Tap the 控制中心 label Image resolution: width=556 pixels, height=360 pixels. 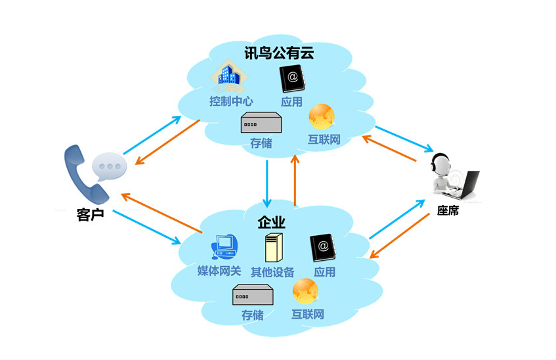[231, 102]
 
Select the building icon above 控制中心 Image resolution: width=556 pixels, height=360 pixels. [231, 78]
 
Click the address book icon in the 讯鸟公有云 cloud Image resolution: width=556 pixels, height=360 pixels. [291, 79]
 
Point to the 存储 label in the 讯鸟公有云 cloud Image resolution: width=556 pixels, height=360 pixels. [261, 142]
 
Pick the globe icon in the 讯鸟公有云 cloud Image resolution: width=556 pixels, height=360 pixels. [323, 117]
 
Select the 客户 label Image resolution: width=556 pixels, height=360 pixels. [91, 214]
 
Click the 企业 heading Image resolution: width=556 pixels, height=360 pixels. [272, 222]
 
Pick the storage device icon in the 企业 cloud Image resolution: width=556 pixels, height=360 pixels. [252, 296]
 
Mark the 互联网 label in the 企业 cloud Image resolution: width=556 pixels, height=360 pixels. [308, 313]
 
